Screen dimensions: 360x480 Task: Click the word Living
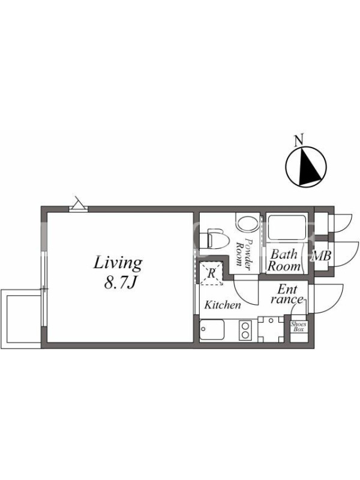click(118, 263)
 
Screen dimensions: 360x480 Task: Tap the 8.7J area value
click(119, 283)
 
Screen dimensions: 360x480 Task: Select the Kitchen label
click(223, 305)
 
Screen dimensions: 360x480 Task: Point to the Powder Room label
click(244, 254)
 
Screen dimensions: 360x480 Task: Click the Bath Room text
click(284, 260)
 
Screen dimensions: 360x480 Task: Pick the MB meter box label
click(321, 256)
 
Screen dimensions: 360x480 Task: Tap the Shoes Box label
click(298, 326)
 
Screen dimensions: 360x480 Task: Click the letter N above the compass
click(299, 140)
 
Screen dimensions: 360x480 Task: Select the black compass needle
click(309, 166)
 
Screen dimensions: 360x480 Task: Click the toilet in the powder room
click(218, 239)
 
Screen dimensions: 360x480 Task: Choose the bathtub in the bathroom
click(287, 227)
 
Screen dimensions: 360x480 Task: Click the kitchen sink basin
click(212, 329)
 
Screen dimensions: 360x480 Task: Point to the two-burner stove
click(245, 330)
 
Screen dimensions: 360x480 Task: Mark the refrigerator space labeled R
click(211, 273)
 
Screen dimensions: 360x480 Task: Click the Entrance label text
click(287, 294)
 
